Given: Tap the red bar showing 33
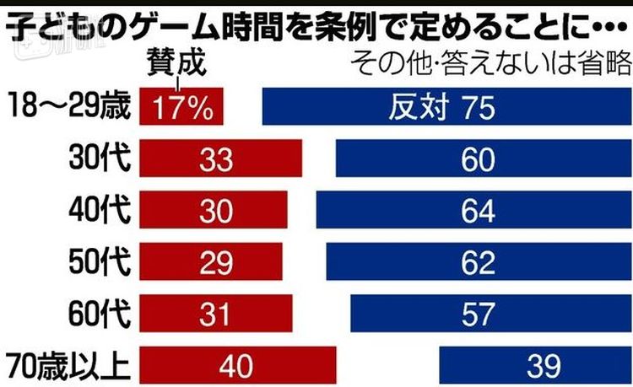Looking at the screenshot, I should [220, 159].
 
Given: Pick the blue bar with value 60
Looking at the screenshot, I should [478, 159].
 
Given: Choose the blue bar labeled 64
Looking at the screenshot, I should [469, 211].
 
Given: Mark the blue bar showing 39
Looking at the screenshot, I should [532, 366].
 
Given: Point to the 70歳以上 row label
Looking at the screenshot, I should [67, 366].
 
